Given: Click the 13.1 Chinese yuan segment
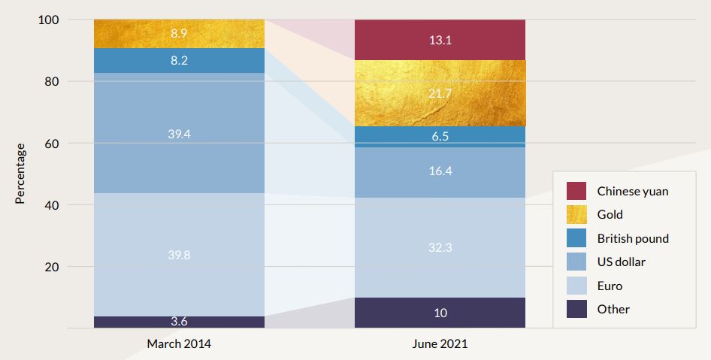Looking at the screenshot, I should (x=440, y=40).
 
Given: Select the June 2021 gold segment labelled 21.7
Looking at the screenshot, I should (x=440, y=92).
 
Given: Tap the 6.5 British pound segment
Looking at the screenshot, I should (x=440, y=137).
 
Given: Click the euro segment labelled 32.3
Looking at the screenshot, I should (x=440, y=247).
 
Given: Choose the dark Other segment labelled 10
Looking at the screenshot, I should (x=440, y=313).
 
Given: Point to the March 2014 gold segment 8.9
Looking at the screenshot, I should (x=179, y=34).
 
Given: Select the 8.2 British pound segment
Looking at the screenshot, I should (x=179, y=61).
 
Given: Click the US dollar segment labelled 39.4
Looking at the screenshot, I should (x=179, y=133).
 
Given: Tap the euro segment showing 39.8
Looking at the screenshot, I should (x=179, y=255).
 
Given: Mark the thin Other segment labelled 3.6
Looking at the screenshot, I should (x=179, y=322).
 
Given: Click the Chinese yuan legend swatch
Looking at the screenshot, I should (x=576, y=191).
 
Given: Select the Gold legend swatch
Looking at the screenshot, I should (x=576, y=215).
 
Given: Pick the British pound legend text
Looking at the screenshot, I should (x=633, y=238).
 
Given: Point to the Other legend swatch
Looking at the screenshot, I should (x=576, y=309).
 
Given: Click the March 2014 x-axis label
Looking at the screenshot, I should (x=179, y=344).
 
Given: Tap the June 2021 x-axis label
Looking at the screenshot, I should (x=440, y=344).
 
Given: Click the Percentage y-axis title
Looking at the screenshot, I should (x=20, y=174).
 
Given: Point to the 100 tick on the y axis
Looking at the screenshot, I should (x=49, y=20).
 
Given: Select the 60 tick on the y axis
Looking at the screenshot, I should (x=53, y=143).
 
